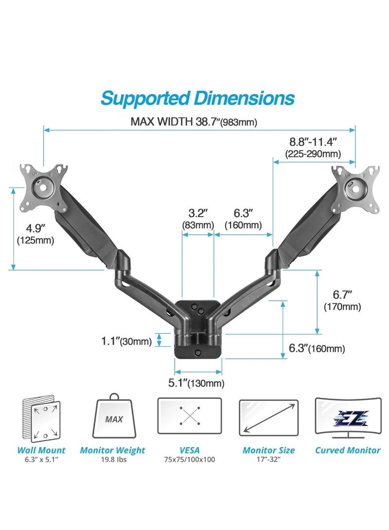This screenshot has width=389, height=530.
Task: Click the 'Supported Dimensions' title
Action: point(197,98)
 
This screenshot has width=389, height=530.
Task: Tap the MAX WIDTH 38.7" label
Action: point(194,121)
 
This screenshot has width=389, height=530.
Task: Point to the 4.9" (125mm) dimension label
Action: point(35,234)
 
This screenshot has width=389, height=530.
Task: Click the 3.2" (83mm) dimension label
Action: point(198,219)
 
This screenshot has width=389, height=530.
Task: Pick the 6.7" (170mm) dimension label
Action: point(342,300)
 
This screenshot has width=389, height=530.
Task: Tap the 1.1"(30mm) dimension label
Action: point(126,341)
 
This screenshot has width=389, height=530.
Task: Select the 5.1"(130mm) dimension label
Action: point(196,383)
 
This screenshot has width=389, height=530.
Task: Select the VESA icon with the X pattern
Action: point(190,416)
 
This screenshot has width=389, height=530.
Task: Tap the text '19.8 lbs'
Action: point(113,460)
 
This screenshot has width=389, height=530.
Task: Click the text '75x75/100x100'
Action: point(190,460)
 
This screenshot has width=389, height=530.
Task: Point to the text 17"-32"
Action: point(268,460)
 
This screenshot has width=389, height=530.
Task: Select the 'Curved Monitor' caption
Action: point(348,450)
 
